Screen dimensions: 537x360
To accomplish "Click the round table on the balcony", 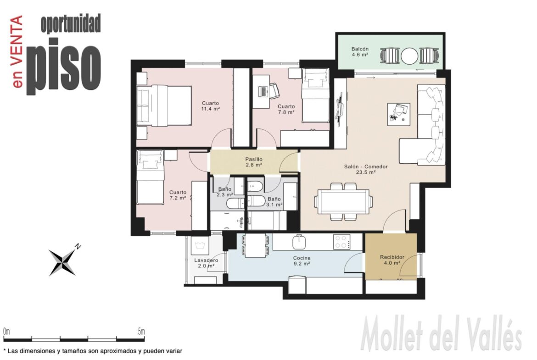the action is click(x=409, y=55).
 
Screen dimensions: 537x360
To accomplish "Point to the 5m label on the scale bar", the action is click(x=141, y=331).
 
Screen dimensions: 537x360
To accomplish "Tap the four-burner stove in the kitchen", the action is click(x=342, y=242).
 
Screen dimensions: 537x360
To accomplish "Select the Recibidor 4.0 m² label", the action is click(x=392, y=260).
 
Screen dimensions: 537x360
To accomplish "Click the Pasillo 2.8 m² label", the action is click(x=254, y=162).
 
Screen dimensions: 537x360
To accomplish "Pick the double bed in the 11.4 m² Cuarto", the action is click(x=164, y=105).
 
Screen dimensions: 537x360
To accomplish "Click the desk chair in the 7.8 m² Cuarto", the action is click(x=274, y=91).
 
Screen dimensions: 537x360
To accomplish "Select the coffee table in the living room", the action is click(x=399, y=114).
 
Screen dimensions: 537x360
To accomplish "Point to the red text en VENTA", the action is click(x=17, y=51).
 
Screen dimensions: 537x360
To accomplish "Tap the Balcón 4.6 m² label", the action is click(x=360, y=52).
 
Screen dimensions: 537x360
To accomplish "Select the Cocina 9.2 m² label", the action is click(x=302, y=261).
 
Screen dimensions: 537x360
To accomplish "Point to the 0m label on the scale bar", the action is click(x=6, y=331).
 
